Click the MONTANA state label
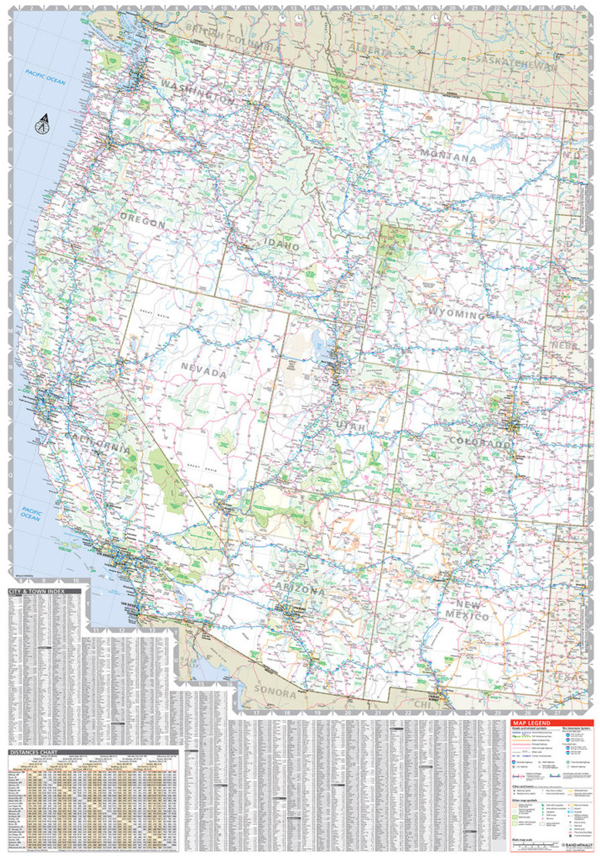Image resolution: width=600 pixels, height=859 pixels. (x=448, y=159)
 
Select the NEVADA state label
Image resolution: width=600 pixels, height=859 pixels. (x=203, y=371)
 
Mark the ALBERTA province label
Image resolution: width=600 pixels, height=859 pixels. (x=368, y=52)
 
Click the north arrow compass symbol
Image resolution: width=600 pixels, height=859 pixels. (x=43, y=123)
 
